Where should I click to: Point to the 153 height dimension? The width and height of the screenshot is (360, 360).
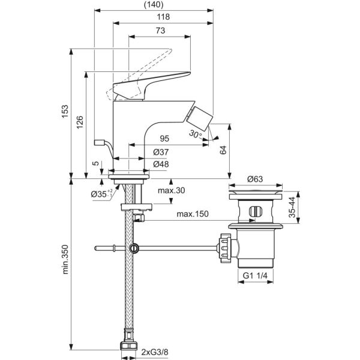pyautogui.click(x=66, y=113)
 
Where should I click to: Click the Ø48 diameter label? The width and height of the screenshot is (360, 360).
pyautogui.click(x=160, y=164)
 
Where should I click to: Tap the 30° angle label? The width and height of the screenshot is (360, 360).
pyautogui.click(x=194, y=134)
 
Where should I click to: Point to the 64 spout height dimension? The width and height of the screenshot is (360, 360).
pyautogui.click(x=223, y=151)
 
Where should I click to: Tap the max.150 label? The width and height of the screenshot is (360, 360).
pyautogui.click(x=192, y=214)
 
